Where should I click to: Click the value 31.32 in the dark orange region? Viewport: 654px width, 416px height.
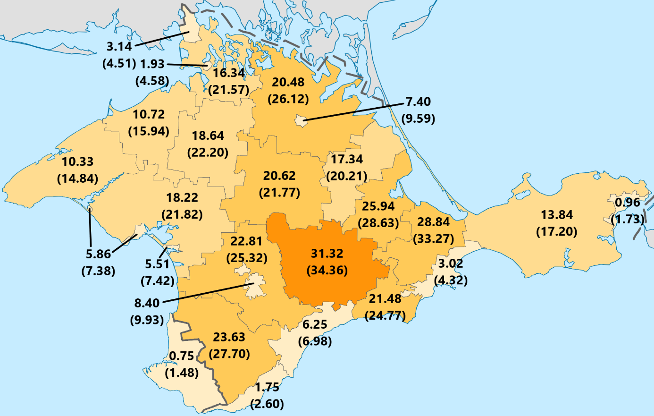pos(327,254)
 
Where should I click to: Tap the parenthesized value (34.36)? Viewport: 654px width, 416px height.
pos(327,271)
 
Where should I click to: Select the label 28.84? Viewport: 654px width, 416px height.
pos(433,222)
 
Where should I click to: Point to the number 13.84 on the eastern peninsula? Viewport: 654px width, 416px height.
pos(557,215)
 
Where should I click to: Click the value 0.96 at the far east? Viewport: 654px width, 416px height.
pos(627,203)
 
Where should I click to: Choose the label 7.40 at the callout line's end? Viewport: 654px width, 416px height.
pos(418,102)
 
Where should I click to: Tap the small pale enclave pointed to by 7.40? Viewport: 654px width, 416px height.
pos(300,120)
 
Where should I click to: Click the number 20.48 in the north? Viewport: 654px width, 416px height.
pos(288,82)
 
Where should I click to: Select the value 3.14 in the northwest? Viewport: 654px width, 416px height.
pos(119,46)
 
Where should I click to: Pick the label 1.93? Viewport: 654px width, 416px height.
pos(152,64)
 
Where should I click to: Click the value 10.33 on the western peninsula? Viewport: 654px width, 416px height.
pos(77,161)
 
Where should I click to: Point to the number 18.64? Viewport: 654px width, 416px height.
pos(208,136)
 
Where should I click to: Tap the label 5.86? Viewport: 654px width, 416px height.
pos(98,254)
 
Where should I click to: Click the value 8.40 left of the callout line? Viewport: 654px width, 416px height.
pos(147,303)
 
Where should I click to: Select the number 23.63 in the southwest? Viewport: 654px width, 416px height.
pos(229,337)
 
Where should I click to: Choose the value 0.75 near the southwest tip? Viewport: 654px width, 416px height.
pos(182,356)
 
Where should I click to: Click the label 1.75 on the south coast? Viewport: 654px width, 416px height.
pos(267,388)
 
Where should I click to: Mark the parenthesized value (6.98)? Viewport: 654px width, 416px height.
pos(315,341)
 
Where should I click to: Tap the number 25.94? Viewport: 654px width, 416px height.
pos(378,206)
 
